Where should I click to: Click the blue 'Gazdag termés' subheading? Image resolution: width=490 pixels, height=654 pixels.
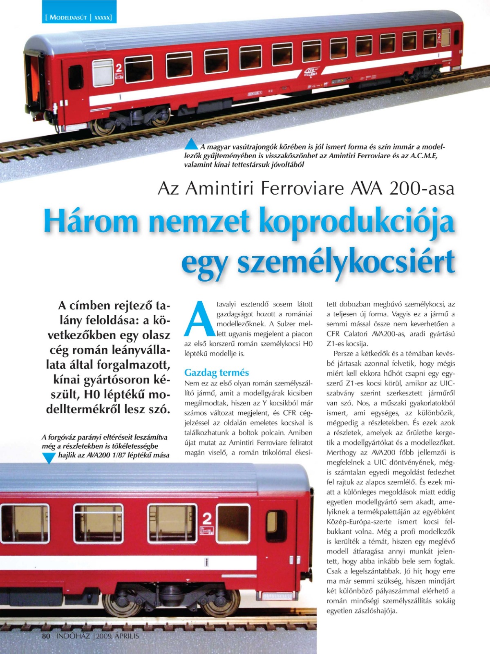point(216,372)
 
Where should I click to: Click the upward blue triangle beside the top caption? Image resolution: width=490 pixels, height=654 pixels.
point(191,144)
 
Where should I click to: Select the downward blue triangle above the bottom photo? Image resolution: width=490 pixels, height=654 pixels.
point(49,458)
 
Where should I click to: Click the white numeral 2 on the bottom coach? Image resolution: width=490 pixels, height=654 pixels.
point(207,519)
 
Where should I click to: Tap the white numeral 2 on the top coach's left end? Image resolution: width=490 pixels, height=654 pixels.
point(119,67)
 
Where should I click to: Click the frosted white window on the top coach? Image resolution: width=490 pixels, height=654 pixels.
point(103,72)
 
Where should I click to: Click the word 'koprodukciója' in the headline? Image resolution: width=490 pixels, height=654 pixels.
point(356,221)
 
